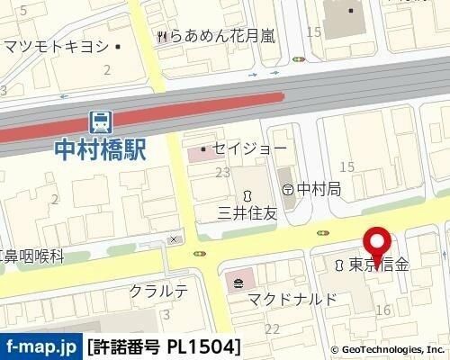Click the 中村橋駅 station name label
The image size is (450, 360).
100,148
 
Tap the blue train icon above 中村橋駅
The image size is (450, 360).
100,121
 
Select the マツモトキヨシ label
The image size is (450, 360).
56,46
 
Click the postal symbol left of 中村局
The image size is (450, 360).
287,189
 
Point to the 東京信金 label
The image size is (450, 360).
379,265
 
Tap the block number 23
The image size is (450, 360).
221,172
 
